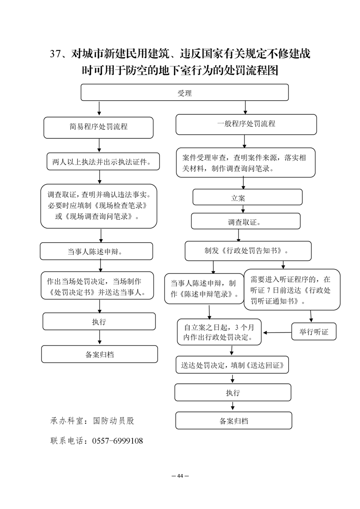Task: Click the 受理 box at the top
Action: coord(185,93)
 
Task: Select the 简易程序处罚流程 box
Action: coord(99,127)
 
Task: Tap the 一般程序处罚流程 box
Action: coord(246,124)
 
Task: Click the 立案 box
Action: coord(247,197)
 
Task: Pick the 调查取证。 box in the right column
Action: coord(246,221)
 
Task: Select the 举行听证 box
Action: coord(314,332)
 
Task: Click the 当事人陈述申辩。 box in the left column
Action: coord(97,251)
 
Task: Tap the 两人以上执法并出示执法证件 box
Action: coord(103,162)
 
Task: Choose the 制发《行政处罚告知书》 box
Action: coord(248,250)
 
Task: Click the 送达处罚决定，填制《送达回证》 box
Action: coord(232,365)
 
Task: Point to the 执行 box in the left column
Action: coord(99,321)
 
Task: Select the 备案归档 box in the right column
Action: coord(234,421)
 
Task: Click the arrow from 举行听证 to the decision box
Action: coord(277,333)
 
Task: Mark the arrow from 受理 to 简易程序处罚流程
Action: coord(99,109)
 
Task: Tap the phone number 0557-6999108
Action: coord(118,440)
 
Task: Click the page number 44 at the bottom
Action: coord(180,476)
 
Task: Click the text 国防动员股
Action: coord(113,421)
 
